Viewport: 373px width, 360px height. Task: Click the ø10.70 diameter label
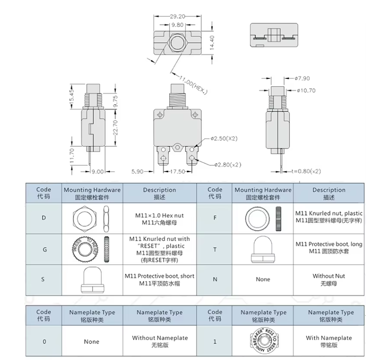point(305,90)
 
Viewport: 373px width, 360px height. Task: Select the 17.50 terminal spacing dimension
point(177,172)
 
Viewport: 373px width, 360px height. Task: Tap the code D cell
point(43,218)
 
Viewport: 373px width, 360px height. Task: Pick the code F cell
point(215,218)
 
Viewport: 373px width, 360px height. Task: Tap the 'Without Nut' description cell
point(329,279)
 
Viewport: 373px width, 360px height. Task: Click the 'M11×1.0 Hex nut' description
point(159,218)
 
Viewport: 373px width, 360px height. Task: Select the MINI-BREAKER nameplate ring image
point(263,341)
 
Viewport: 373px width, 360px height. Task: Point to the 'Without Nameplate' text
point(160,341)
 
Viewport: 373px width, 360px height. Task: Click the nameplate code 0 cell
point(43,341)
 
